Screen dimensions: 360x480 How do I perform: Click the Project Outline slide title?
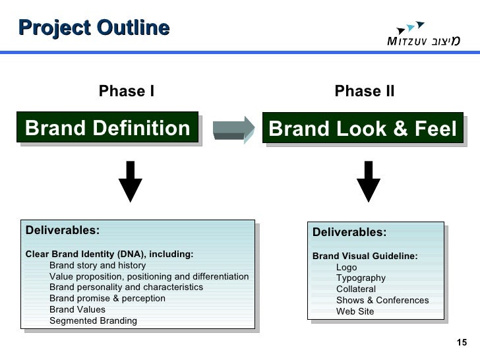(94, 28)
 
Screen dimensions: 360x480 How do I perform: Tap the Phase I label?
(126, 92)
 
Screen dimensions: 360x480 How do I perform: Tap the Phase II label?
(364, 92)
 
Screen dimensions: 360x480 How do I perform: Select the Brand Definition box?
(108, 128)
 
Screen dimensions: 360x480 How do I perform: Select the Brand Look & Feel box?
(363, 129)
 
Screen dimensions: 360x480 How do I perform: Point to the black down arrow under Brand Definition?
(131, 181)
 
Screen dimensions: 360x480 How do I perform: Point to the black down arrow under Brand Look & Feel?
(367, 181)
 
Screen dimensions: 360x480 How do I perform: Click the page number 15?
(462, 342)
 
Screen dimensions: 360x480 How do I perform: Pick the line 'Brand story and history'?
(97, 266)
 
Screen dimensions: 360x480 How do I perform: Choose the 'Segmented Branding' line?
(93, 321)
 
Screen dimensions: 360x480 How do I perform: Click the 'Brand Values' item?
(77, 310)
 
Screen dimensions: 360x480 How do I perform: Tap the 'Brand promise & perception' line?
(107, 299)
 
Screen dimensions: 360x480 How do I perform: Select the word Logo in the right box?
(346, 267)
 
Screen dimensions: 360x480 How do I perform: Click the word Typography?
(361, 278)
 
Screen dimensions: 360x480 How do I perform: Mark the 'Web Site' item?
(355, 311)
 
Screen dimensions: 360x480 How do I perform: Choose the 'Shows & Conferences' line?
(382, 300)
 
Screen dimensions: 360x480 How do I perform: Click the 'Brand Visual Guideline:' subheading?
(365, 256)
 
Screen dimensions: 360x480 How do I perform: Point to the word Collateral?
(356, 289)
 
